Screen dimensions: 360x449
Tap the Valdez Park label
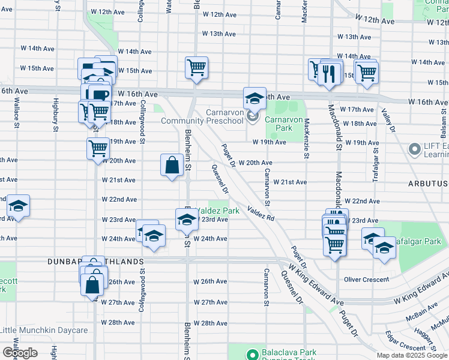click(x=218, y=211)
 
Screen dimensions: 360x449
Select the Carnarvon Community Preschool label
click(x=204, y=116)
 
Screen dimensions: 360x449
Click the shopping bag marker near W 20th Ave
click(x=172, y=165)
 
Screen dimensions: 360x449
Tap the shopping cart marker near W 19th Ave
click(x=98, y=148)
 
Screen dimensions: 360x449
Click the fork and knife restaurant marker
click(x=328, y=73)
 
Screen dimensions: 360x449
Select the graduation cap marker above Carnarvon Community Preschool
click(x=255, y=98)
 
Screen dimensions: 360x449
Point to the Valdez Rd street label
click(x=261, y=214)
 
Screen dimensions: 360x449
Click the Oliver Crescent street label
click(x=366, y=279)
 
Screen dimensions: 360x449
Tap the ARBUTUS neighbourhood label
click(x=429, y=183)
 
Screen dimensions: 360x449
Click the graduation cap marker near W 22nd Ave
click(x=19, y=206)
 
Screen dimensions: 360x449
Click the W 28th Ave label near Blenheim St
click(x=214, y=323)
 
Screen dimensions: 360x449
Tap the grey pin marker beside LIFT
click(x=414, y=148)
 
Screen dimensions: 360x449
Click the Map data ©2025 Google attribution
click(x=411, y=355)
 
